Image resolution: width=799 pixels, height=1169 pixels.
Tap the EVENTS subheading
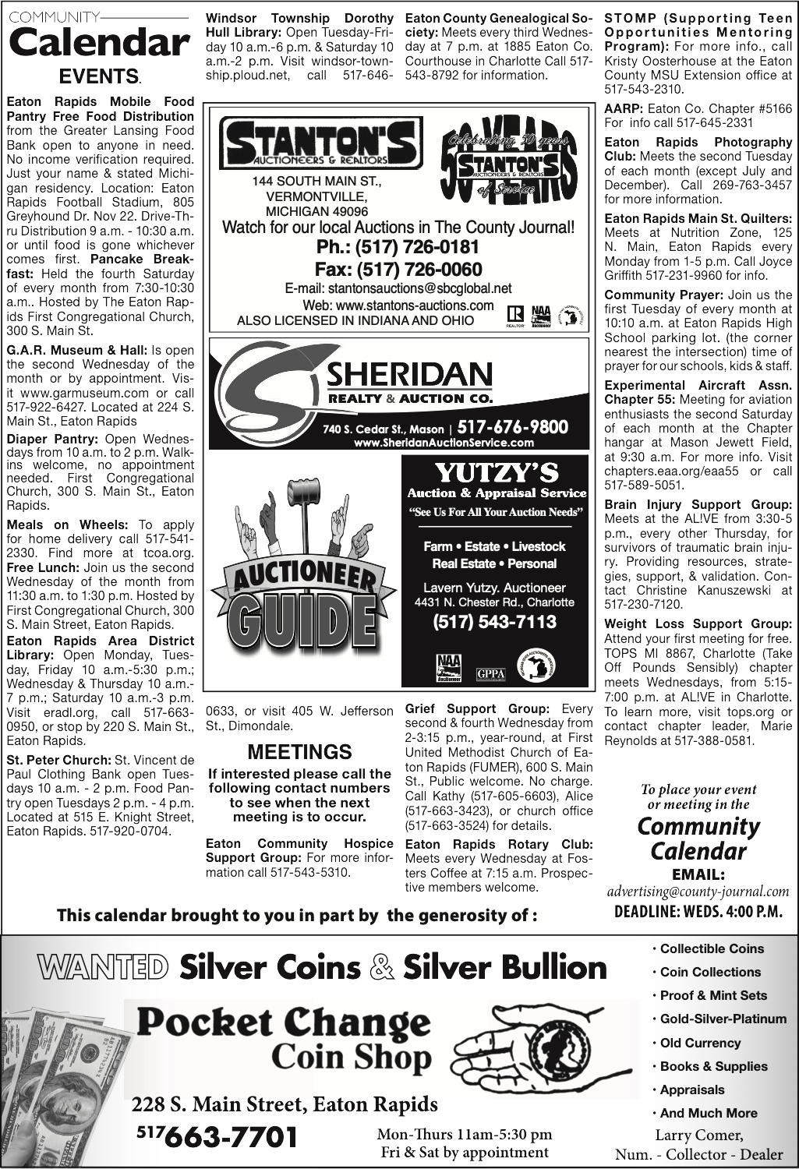click(x=100, y=76)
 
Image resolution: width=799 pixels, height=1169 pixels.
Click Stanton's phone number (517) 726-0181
click(x=398, y=248)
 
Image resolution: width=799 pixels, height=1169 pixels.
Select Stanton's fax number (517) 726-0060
click(x=398, y=270)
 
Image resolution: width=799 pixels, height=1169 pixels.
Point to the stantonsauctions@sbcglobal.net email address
click(x=398, y=289)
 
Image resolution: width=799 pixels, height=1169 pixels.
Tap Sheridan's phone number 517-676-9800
click(x=512, y=427)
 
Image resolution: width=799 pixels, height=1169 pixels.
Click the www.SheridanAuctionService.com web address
click(x=444, y=443)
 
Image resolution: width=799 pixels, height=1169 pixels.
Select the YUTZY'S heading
click(x=496, y=472)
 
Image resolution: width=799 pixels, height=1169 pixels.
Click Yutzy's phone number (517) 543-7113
click(x=495, y=622)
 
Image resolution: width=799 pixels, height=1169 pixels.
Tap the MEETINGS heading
click(x=299, y=752)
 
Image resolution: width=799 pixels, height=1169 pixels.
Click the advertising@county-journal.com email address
click(x=698, y=892)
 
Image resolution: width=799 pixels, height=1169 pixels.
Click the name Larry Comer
click(x=698, y=1135)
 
